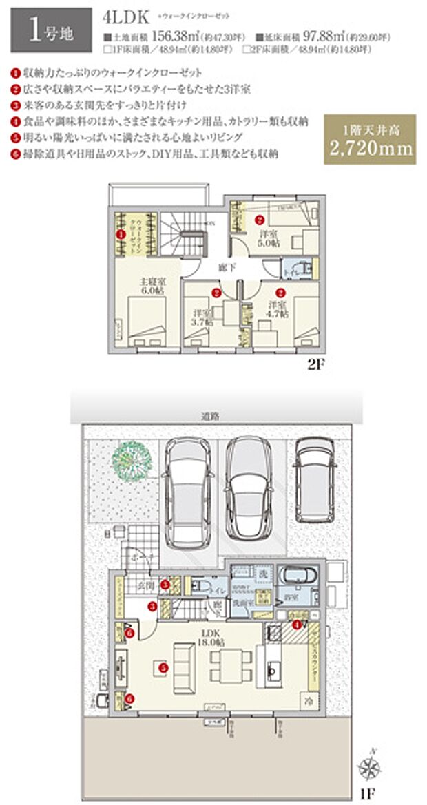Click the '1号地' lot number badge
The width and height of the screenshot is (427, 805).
[46, 32]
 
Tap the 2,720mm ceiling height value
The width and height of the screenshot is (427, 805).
[370, 147]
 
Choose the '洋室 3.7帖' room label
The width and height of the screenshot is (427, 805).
[203, 316]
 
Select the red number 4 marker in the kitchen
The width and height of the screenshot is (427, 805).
[297, 625]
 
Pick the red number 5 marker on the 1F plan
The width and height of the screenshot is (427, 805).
[163, 667]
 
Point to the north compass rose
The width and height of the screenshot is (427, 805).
[370, 765]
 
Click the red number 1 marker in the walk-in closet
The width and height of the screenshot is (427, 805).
[122, 234]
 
